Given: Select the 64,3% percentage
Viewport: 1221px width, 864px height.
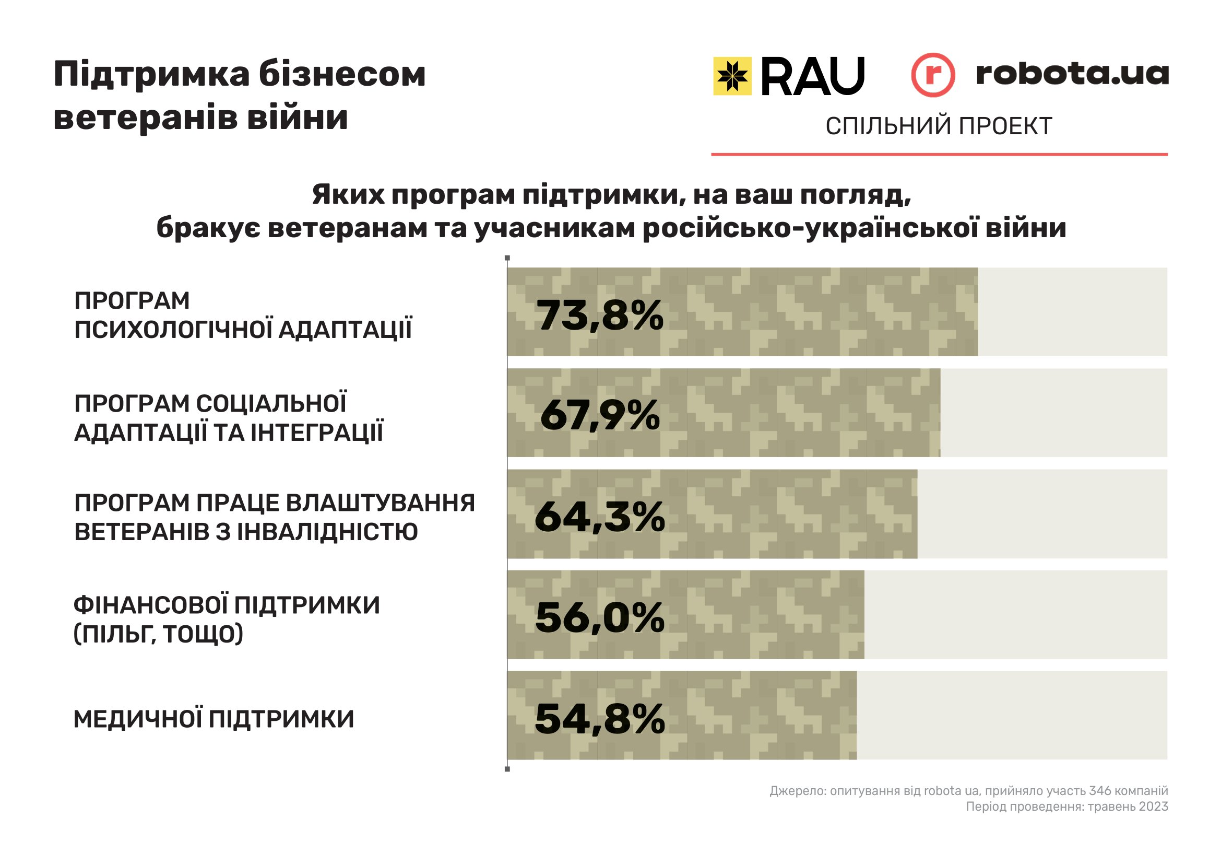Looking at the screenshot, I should click(x=600, y=517).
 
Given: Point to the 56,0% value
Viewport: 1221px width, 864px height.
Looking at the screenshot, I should click(x=600, y=617).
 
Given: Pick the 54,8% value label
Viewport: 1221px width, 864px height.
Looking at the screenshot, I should click(x=600, y=719).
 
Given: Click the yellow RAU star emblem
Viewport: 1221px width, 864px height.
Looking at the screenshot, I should click(x=732, y=76).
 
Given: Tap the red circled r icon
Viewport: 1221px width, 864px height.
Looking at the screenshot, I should click(x=933, y=75).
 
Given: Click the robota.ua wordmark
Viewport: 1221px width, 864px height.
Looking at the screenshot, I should click(x=1072, y=74).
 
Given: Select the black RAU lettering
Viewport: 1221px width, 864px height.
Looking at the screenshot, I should click(x=813, y=77).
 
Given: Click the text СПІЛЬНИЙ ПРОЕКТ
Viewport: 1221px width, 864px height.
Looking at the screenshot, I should click(x=939, y=126).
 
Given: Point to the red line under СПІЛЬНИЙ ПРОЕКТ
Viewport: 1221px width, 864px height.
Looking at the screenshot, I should click(x=939, y=155).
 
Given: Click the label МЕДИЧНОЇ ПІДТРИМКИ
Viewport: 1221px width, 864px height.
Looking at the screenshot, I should click(x=214, y=719).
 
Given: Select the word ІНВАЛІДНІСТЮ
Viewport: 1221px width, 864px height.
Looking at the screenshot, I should click(x=328, y=532).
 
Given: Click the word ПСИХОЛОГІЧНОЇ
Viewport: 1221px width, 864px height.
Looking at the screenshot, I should click(x=173, y=329).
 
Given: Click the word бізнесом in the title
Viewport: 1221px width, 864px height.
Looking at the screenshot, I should click(x=342, y=75).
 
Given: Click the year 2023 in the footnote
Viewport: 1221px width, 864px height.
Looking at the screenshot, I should click(x=1154, y=807).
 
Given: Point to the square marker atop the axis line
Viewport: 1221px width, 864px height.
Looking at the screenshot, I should click(x=507, y=259).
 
